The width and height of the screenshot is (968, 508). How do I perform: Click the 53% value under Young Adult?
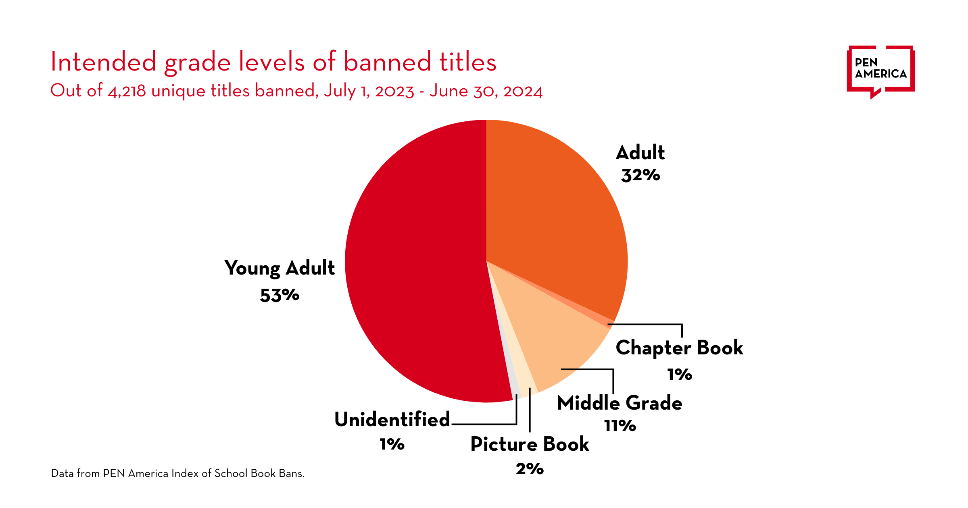click(x=280, y=296)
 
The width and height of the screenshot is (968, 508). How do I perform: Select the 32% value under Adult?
click(x=640, y=175)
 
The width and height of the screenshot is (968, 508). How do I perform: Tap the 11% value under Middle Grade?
click(x=620, y=426)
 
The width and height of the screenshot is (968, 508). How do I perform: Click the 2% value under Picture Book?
click(x=530, y=469)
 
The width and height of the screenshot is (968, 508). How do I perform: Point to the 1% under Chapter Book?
click(x=680, y=375)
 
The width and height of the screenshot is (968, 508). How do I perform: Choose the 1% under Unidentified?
click(x=392, y=444)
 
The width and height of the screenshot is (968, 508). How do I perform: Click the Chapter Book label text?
click(x=679, y=348)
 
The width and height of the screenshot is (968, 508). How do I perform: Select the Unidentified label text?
click(x=392, y=420)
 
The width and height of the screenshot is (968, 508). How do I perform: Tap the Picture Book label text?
click(x=530, y=444)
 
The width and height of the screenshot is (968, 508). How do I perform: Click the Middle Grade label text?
click(x=620, y=403)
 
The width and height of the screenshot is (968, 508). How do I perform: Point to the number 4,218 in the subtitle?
click(x=127, y=91)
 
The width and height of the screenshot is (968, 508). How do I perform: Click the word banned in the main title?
click(x=387, y=62)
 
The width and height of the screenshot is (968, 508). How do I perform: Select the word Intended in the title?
click(x=103, y=62)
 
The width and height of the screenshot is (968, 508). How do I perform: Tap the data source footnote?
click(x=177, y=473)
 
